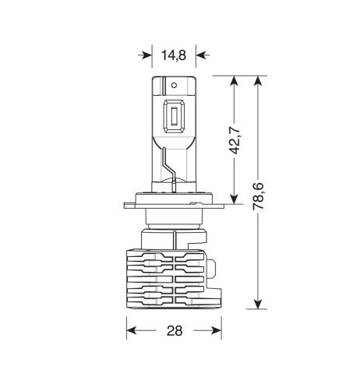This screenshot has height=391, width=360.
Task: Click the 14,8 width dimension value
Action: (174, 55)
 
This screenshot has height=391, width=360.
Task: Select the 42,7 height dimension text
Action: (235, 140)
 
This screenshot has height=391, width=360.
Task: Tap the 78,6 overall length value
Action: (259, 196)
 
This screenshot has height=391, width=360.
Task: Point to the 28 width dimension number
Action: (175, 331)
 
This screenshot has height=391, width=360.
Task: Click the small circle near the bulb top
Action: (174, 85)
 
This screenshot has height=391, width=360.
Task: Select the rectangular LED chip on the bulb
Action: (174, 117)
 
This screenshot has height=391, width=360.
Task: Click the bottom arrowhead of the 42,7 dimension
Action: (235, 199)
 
